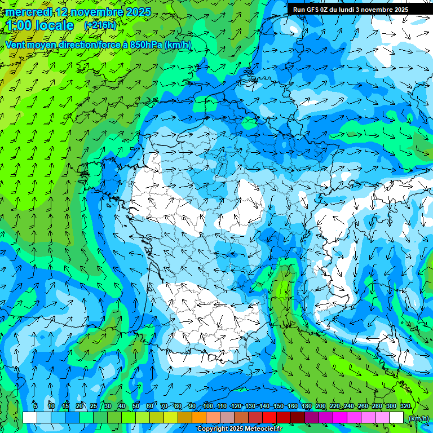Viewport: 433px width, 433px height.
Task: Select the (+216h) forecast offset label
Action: tap(100, 25)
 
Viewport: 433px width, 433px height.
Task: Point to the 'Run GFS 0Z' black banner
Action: tap(359, 9)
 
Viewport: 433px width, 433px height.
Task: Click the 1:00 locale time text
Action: tap(41, 26)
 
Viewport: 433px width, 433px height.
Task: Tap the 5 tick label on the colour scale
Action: tap(36, 407)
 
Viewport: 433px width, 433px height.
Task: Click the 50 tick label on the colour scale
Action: tap(136, 407)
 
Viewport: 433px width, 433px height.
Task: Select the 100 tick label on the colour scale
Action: tap(207, 407)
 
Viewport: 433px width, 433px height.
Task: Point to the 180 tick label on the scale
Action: tap(307, 407)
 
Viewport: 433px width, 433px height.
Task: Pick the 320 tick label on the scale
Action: tap(405, 407)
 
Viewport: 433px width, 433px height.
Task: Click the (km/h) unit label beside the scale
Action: tap(418, 418)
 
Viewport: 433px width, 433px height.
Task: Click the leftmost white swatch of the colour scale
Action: tap(30, 418)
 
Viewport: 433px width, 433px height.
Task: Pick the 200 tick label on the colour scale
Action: tap(321, 407)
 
